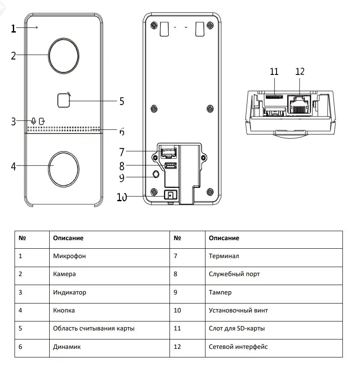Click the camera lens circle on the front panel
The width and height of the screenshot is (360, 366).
pyautogui.click(x=63, y=56)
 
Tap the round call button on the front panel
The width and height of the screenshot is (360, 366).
pyautogui.click(x=63, y=167)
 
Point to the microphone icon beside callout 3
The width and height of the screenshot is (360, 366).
pyautogui.click(x=33, y=121)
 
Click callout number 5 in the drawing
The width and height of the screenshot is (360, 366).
pyautogui.click(x=122, y=101)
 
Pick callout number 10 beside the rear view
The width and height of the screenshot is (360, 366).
pyautogui.click(x=122, y=197)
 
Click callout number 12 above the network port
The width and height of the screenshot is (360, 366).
pyautogui.click(x=300, y=71)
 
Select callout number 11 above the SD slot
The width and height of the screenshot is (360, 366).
pyautogui.click(x=274, y=71)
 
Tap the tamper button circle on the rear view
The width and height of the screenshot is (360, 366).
pyautogui.click(x=156, y=174)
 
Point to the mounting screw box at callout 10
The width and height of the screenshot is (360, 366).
pyautogui.click(x=170, y=195)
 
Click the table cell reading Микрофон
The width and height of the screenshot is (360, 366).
pyautogui.click(x=69, y=256)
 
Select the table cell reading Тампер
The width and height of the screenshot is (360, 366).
pyautogui.click(x=220, y=292)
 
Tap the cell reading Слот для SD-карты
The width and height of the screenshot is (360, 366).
pyautogui.click(x=236, y=328)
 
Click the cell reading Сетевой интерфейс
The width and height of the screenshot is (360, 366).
pyautogui.click(x=238, y=346)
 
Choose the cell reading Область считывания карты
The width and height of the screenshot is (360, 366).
pyautogui.click(x=94, y=328)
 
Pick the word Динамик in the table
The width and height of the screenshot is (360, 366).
pyautogui.click(x=67, y=346)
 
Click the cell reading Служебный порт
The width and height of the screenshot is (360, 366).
pyautogui.click(x=234, y=274)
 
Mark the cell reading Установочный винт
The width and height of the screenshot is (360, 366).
pyautogui.click(x=238, y=310)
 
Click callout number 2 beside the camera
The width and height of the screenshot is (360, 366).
pyautogui.click(x=13, y=56)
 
